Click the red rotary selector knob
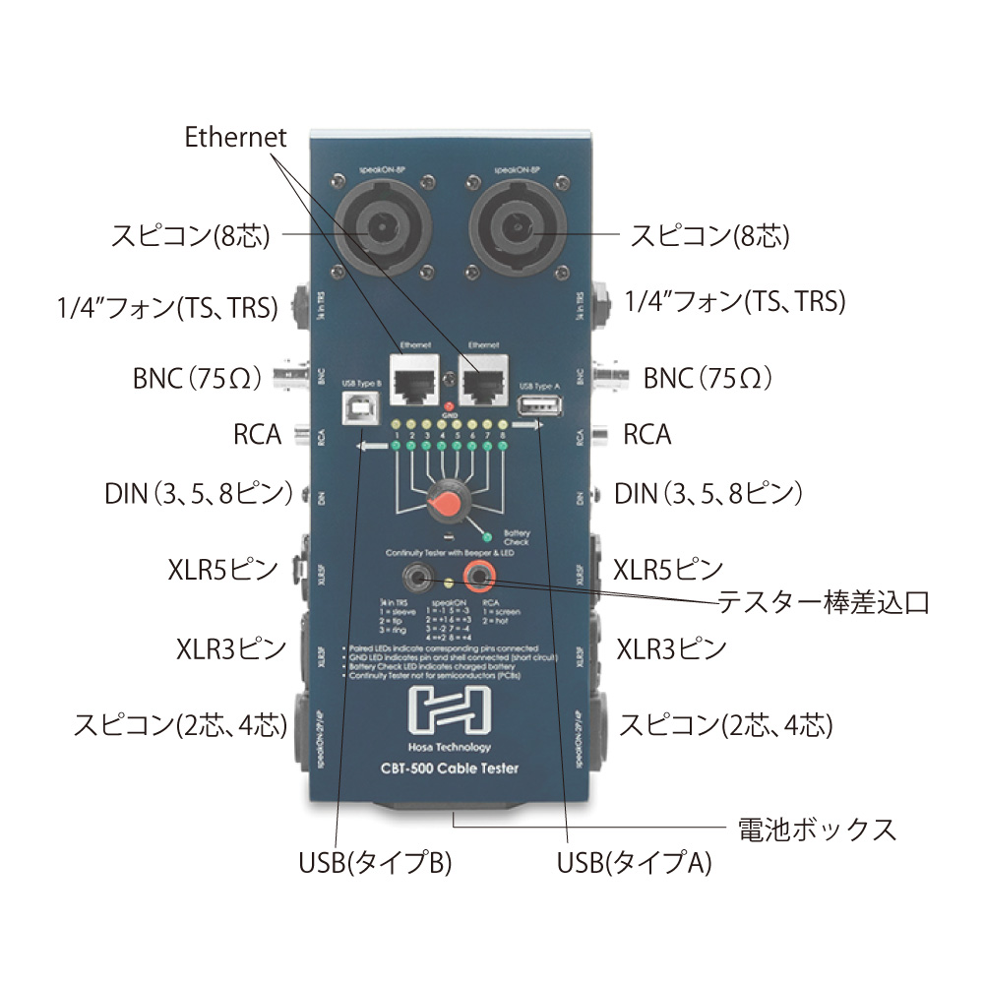(x=447, y=504)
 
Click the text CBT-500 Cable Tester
(x=449, y=769)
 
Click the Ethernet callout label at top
(x=235, y=138)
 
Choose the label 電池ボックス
(x=816, y=829)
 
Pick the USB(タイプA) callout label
(x=633, y=864)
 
